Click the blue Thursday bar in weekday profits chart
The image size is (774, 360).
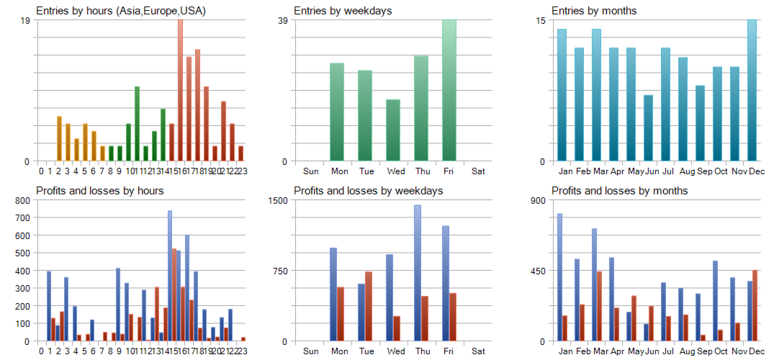(x=418, y=273)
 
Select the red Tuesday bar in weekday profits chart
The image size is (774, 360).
(x=369, y=306)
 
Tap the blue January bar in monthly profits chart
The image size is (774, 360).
(x=559, y=277)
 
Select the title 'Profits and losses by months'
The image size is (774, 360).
(x=619, y=191)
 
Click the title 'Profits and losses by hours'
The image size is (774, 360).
(x=99, y=191)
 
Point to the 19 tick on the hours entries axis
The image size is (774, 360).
(x=25, y=20)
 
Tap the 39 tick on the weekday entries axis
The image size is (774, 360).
(x=283, y=20)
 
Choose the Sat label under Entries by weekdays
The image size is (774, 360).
(x=478, y=171)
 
